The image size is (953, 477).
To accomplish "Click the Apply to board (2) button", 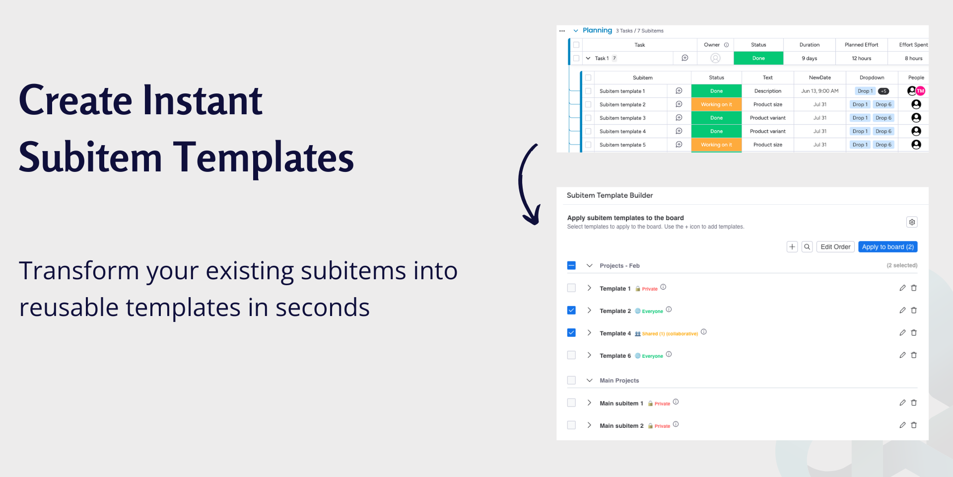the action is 887,247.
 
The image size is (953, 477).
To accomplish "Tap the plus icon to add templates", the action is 792,247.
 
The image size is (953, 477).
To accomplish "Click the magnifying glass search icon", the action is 807,247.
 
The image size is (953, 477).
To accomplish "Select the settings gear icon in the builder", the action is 912,222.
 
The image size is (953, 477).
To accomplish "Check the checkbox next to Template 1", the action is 571,288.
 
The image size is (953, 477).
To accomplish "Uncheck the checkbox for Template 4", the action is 571,333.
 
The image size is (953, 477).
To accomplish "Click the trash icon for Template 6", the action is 914,355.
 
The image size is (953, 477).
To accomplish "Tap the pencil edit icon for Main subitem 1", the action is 902,403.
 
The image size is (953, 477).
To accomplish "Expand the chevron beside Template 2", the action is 589,311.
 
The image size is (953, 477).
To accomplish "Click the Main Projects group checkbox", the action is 571,380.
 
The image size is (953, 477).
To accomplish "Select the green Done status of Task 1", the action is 758,58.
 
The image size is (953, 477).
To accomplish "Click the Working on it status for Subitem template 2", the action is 716,104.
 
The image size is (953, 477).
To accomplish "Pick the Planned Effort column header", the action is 861,45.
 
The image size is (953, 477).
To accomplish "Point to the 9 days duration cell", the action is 809,58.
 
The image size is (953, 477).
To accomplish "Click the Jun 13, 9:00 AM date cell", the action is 819,91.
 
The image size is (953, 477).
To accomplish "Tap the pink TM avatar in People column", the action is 921,91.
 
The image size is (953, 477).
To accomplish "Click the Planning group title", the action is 597,30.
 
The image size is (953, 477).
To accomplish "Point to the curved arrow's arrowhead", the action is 534,219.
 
